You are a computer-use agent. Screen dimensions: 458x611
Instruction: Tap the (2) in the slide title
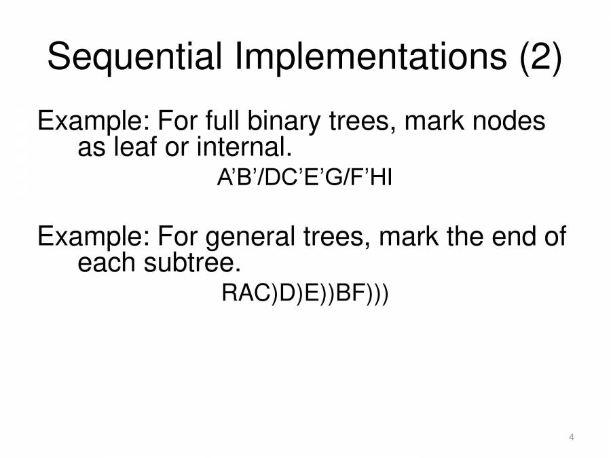[x=540, y=58]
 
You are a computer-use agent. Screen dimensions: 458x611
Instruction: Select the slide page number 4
[x=572, y=437]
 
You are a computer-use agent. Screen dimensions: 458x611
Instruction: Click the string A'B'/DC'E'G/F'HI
[x=305, y=180]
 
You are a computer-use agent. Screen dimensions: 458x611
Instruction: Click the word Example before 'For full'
[x=93, y=123]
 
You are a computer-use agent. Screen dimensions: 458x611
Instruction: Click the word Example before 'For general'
[x=93, y=238]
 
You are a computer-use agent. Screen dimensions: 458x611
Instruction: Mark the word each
[x=107, y=261]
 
